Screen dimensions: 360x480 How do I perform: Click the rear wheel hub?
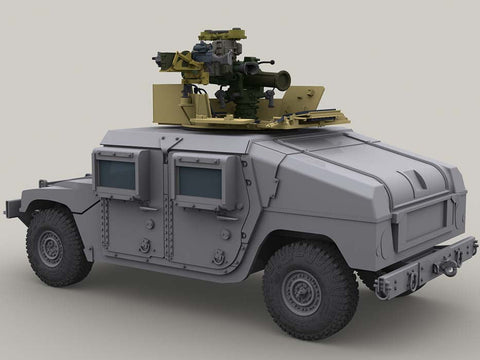tap(302, 293)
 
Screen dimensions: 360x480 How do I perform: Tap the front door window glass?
tap(117, 176)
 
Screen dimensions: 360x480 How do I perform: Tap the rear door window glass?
tap(199, 183)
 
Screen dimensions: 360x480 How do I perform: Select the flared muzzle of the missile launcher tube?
tap(283, 79)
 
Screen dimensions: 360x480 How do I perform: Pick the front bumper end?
tap(12, 208)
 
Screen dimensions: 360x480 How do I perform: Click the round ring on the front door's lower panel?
tap(145, 245)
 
